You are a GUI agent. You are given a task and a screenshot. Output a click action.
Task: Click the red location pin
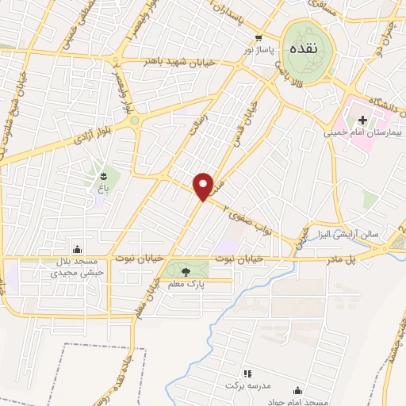(x=203, y=186)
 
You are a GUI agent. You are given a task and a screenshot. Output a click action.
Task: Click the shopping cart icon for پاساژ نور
(x=259, y=37)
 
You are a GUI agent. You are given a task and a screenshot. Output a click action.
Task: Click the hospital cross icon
(x=363, y=121)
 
